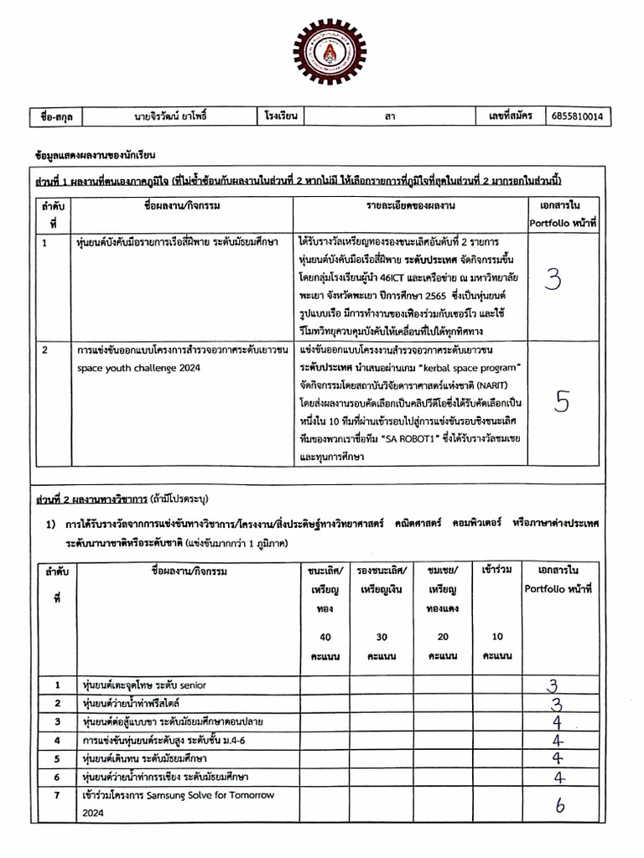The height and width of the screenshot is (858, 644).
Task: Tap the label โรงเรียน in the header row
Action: tap(282, 116)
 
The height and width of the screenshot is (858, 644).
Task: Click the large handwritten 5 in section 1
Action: tap(562, 402)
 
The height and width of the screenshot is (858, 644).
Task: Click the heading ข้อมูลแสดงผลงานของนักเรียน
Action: tap(95, 156)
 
